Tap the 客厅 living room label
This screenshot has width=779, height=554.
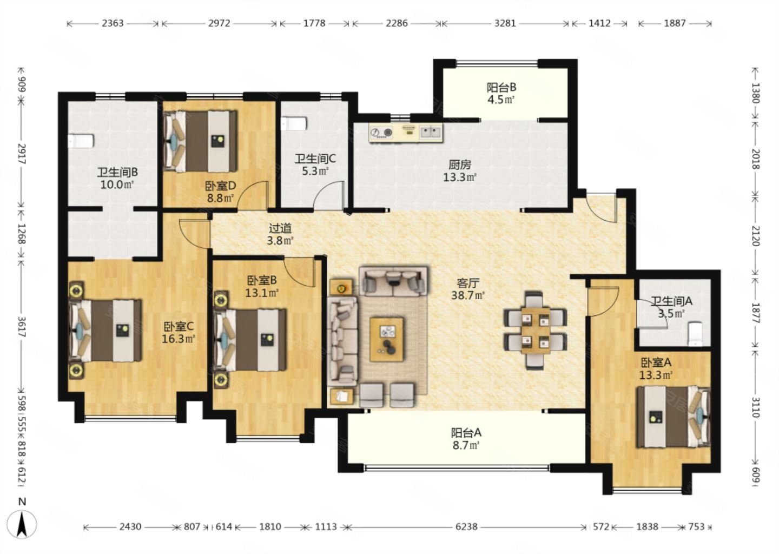tap(468, 283)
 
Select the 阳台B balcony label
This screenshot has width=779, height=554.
tap(501, 87)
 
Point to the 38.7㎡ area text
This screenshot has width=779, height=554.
tap(468, 295)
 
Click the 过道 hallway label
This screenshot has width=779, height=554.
tap(280, 228)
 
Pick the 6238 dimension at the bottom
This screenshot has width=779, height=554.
tap(466, 527)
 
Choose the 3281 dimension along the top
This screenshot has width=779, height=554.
tap(505, 23)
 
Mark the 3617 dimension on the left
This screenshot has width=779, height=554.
tap(22, 327)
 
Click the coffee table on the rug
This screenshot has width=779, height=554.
tap(387, 339)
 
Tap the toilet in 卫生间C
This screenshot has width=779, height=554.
tap(294, 124)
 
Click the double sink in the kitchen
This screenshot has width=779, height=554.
tap(431, 132)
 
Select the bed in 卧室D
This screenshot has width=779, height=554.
tap(201, 141)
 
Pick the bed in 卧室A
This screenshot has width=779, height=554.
tap(674, 417)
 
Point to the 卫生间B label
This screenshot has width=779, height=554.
tap(117, 172)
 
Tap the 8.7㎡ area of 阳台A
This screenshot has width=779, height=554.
tap(466, 445)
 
